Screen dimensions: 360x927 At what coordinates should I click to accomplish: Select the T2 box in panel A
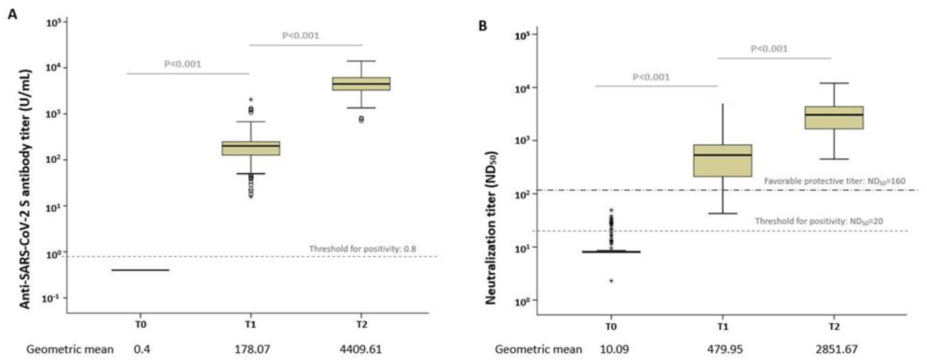[361, 83]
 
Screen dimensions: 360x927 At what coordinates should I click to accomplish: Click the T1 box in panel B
[723, 161]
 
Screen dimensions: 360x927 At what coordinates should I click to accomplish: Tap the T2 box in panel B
[834, 117]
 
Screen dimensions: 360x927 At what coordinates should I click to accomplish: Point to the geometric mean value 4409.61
[361, 349]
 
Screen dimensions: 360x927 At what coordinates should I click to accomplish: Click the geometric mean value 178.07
[252, 349]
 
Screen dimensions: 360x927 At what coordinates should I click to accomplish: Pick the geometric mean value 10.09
[614, 349]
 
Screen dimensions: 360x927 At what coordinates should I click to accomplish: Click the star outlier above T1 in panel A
[251, 100]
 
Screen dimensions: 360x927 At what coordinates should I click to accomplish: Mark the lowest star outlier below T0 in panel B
[611, 281]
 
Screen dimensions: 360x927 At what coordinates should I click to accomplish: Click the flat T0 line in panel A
[140, 270]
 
